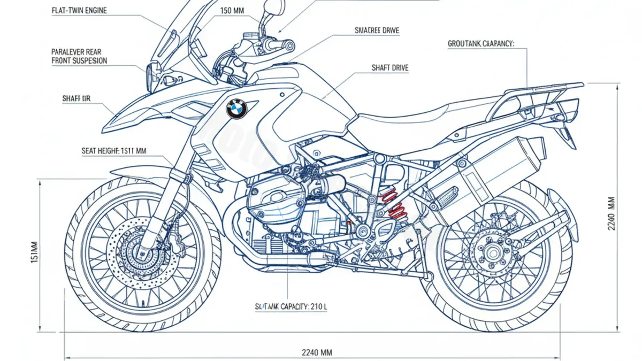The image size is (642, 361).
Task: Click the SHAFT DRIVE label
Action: click(x=389, y=68)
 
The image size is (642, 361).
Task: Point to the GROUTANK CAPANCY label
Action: click(x=480, y=44)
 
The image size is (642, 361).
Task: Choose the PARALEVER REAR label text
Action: click(x=76, y=52)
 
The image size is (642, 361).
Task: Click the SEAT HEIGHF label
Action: click(x=113, y=151)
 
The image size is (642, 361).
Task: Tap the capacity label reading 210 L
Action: click(x=282, y=306)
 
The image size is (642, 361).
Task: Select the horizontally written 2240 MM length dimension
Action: click(x=317, y=352)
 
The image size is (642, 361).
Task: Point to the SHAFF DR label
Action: click(x=77, y=98)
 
